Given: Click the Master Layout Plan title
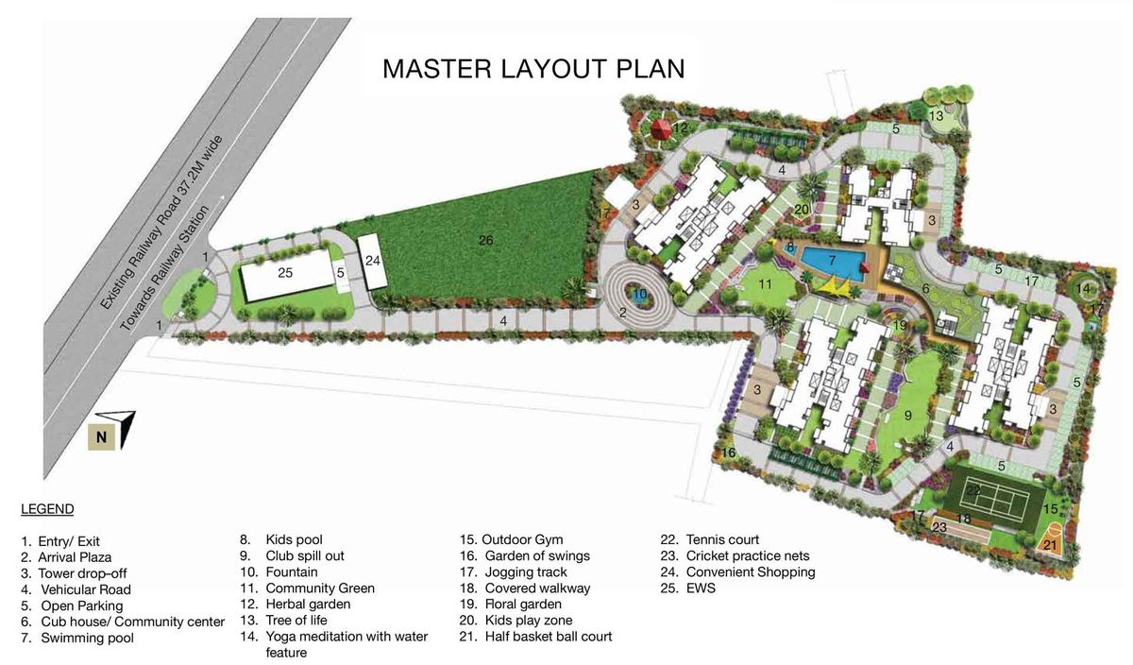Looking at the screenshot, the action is (533, 69).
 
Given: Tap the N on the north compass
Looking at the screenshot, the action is (102, 436).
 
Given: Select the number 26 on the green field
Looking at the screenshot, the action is (485, 240).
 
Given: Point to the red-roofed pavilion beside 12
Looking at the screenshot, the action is (660, 129).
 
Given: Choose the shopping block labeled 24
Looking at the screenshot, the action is (372, 262).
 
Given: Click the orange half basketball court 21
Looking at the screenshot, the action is (1051, 539).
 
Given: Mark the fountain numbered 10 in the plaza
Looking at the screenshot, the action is (639, 294).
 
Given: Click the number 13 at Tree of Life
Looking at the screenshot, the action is (937, 116).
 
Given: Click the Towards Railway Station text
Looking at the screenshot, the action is (164, 268).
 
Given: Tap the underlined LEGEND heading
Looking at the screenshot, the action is (47, 509).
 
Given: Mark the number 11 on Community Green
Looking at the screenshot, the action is (765, 284).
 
